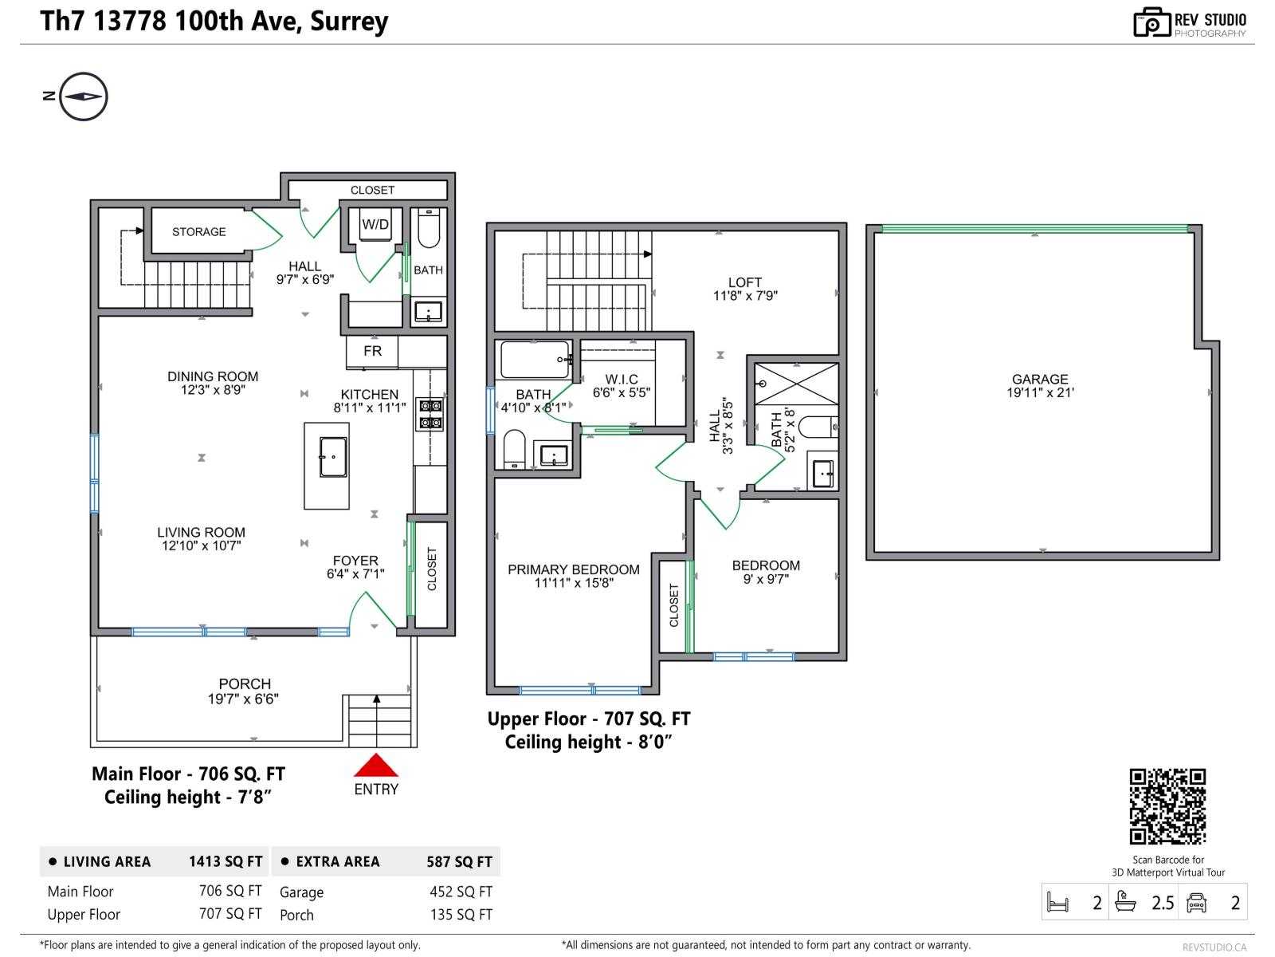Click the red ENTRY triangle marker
point(375,766)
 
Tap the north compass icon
point(83,96)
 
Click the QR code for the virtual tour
point(1167,806)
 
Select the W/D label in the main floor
point(375,225)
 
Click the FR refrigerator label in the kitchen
point(372,351)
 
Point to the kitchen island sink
point(333,457)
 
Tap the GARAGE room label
point(1040,379)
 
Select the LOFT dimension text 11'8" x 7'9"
point(745,296)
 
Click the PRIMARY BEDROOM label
point(574,569)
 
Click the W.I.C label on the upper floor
point(622,379)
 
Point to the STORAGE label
point(199,232)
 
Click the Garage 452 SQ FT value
point(461,892)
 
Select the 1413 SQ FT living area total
point(226,861)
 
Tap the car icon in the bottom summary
point(1196,903)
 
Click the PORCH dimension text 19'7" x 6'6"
point(243,699)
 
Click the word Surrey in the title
point(349,21)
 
